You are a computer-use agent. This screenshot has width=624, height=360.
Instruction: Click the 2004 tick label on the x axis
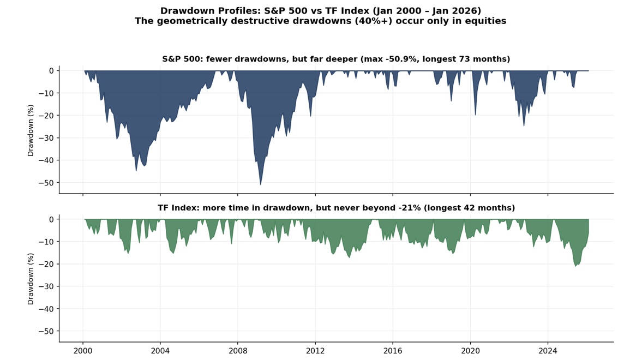pyautogui.click(x=160, y=350)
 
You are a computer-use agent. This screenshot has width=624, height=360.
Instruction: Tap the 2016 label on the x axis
pyautogui.click(x=392, y=350)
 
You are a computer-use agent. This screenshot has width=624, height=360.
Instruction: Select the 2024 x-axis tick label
pyautogui.click(x=548, y=350)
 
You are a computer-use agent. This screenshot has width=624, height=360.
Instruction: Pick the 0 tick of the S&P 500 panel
pyautogui.click(x=51, y=71)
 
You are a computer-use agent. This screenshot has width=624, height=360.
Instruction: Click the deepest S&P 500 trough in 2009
pyautogui.click(x=261, y=184)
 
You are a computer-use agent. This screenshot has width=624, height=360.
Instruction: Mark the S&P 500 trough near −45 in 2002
pyautogui.click(x=136, y=171)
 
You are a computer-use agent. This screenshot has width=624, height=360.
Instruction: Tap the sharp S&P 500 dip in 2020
pyautogui.click(x=475, y=115)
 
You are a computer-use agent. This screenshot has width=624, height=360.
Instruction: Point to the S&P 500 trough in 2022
pyautogui.click(x=524, y=125)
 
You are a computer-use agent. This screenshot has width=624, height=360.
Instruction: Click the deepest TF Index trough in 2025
pyautogui.click(x=575, y=266)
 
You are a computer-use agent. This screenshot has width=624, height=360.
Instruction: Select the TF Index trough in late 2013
pyautogui.click(x=350, y=257)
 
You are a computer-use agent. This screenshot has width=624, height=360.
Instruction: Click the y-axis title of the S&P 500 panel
pyautogui.click(x=31, y=130)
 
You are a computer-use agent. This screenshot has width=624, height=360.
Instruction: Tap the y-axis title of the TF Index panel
pyautogui.click(x=31, y=279)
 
